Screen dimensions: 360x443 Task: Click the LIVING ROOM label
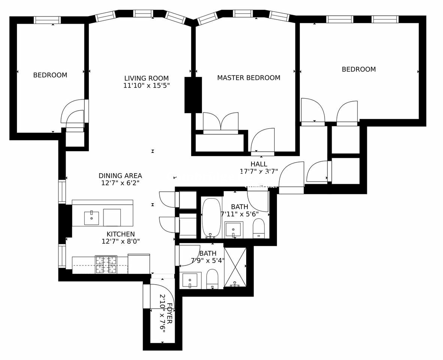click(146, 78)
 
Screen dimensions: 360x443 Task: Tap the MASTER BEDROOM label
click(248, 78)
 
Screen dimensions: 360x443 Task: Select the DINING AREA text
click(120, 175)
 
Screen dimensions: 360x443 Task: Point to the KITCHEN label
click(120, 234)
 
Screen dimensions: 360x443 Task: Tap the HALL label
click(259, 164)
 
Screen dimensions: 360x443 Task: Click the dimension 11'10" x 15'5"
click(146, 85)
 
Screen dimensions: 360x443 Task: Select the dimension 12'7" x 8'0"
click(120, 241)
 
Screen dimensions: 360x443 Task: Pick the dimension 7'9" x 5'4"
click(207, 261)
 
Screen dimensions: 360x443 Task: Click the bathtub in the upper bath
click(211, 218)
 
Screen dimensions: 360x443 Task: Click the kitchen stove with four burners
click(106, 264)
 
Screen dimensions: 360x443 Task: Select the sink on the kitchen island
click(91, 218)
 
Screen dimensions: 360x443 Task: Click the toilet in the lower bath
click(212, 279)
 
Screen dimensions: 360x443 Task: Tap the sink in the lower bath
click(190, 280)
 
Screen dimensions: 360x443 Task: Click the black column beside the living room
click(193, 95)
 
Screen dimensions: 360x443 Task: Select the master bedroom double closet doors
click(221, 122)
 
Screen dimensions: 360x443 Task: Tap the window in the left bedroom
click(47, 20)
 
